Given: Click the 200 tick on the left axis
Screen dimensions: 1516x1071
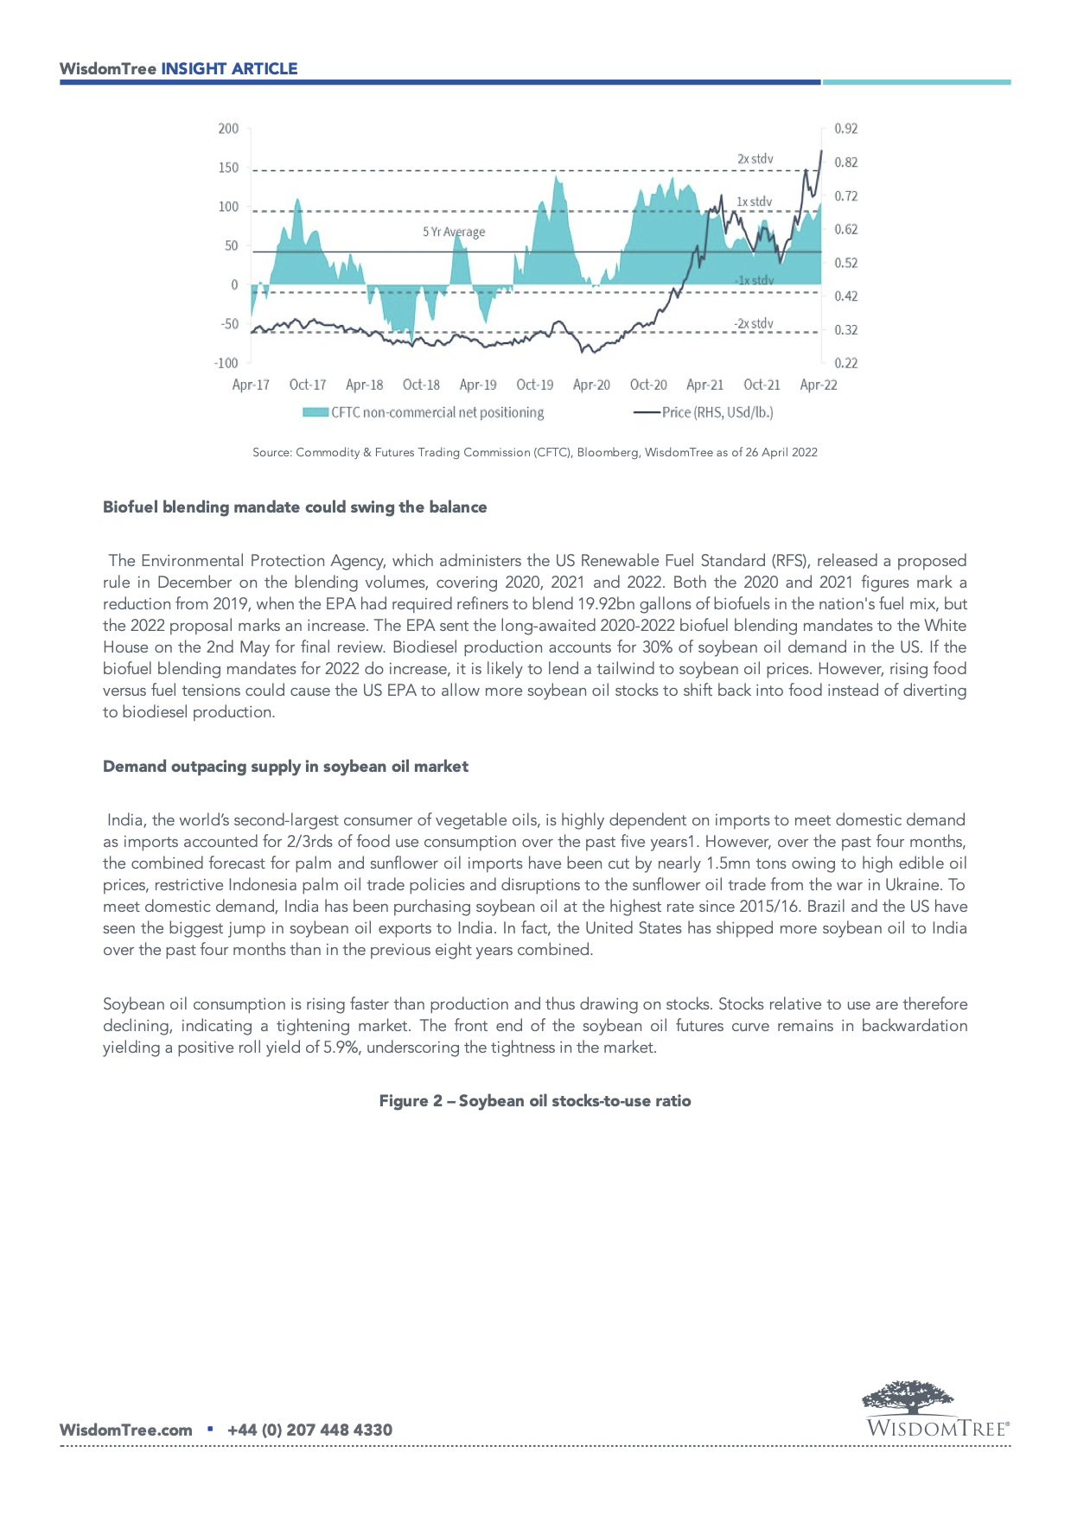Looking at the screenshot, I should [228, 129].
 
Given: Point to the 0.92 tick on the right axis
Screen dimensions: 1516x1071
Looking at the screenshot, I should [845, 129].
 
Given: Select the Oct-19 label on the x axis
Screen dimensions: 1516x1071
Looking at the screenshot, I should [534, 385].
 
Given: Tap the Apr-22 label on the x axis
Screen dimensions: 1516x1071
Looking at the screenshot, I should [818, 385].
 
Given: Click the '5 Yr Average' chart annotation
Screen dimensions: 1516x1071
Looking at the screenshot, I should [454, 232].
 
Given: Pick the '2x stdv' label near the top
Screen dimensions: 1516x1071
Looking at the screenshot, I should [755, 159].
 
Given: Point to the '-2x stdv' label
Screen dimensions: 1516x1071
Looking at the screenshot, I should [753, 323].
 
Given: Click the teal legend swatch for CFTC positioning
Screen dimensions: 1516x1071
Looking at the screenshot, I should [315, 412].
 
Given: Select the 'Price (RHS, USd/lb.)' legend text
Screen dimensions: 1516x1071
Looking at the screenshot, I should [717, 412].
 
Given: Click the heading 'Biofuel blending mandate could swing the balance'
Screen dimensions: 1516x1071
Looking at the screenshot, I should [295, 507].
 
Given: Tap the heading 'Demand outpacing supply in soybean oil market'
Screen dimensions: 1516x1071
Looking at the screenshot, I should [285, 767].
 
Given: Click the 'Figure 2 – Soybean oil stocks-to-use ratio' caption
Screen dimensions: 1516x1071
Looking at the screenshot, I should [535, 1101].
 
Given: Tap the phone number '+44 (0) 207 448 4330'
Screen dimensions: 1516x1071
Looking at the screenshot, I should [309, 1430].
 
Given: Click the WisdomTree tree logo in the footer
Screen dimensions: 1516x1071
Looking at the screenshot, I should [908, 1397].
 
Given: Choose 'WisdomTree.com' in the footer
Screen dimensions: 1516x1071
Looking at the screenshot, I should [125, 1430].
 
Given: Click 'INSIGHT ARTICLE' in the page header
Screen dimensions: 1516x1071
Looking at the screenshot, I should [229, 69].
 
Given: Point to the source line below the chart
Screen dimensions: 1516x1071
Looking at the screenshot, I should [534, 452].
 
